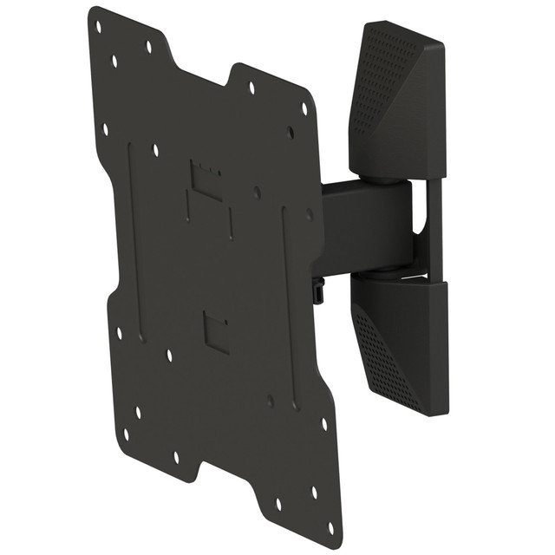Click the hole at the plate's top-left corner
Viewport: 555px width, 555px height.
(x=98, y=26)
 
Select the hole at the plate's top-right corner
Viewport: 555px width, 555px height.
(x=304, y=108)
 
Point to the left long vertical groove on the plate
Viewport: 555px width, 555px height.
(x=135, y=243)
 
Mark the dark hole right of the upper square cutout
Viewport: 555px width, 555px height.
(x=258, y=193)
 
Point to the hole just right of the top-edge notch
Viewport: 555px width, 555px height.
(x=251, y=88)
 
